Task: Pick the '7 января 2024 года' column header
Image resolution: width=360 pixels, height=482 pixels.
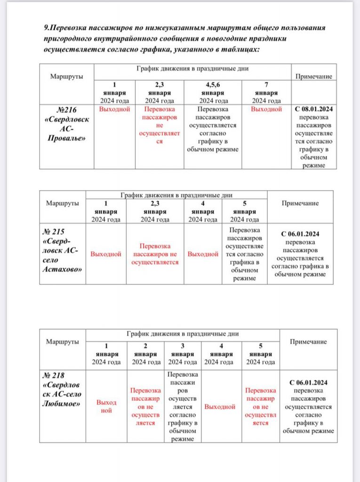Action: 266,93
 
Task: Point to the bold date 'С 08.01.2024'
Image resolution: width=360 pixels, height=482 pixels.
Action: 314,109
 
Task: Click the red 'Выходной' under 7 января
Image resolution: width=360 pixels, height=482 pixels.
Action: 266,109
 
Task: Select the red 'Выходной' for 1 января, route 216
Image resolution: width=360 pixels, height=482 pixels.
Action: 114,109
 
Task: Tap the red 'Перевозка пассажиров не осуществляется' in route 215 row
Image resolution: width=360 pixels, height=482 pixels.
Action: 155,254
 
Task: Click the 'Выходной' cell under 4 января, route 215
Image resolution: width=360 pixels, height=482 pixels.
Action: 203,254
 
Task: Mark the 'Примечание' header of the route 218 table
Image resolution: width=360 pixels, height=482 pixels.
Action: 308,342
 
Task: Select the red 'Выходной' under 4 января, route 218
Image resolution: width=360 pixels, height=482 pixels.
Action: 220,406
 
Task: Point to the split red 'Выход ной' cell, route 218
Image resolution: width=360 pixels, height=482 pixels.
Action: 106,406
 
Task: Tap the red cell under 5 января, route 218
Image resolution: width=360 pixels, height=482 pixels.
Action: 260,406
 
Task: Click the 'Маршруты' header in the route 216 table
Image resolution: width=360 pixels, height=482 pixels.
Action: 66,76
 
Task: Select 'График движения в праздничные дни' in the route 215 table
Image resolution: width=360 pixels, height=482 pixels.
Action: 176,194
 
